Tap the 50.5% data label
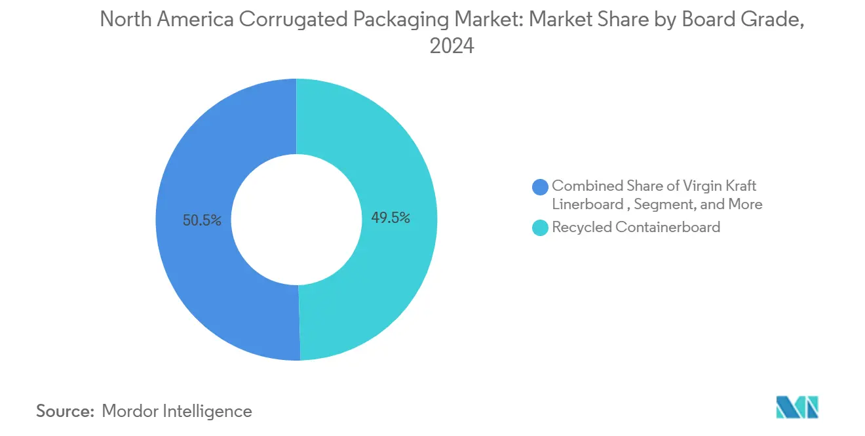coord(202,221)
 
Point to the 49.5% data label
coord(391,218)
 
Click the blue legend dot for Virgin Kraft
coord(541,187)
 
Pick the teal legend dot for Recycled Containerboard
coord(541,228)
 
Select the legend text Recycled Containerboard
coord(636,228)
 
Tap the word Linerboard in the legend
coord(588,205)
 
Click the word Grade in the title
coord(774,20)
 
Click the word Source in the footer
coord(65,411)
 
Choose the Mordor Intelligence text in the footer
coord(177,411)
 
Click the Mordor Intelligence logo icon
coord(797,407)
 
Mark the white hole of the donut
coord(297,220)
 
